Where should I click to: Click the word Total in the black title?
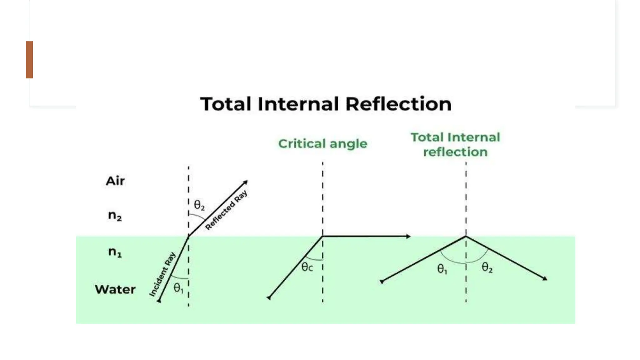[x=226, y=104]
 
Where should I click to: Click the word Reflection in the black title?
[x=398, y=104]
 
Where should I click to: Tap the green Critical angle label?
[x=322, y=144]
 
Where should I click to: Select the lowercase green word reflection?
[x=455, y=152]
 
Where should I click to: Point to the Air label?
[x=115, y=181]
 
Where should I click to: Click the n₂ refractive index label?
[x=115, y=216]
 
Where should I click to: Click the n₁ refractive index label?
[x=115, y=252]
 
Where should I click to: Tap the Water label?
[x=115, y=289]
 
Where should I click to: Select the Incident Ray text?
[x=162, y=274]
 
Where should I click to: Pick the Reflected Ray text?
[x=226, y=210]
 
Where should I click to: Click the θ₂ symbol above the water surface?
[x=199, y=205]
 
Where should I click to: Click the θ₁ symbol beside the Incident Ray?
[x=178, y=287]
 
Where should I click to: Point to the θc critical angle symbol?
[x=307, y=267]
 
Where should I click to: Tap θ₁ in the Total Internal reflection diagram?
[x=442, y=269]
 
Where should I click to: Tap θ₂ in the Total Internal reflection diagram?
[x=487, y=267]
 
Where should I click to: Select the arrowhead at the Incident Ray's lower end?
[x=159, y=301]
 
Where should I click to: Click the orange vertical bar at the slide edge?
[x=29, y=60]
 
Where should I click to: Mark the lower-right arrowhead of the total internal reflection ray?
[x=545, y=278]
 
